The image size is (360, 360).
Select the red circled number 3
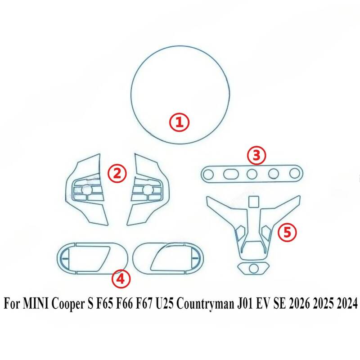(x=256, y=155)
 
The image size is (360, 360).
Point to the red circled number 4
(x=121, y=279)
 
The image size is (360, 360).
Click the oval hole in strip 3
(x=231, y=174)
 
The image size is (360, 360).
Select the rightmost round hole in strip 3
(x=294, y=173)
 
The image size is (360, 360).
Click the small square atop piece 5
(x=253, y=201)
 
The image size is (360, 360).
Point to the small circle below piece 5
(x=253, y=268)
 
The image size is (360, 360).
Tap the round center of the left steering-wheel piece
(x=85, y=190)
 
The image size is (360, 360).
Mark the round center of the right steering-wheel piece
(x=147, y=189)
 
